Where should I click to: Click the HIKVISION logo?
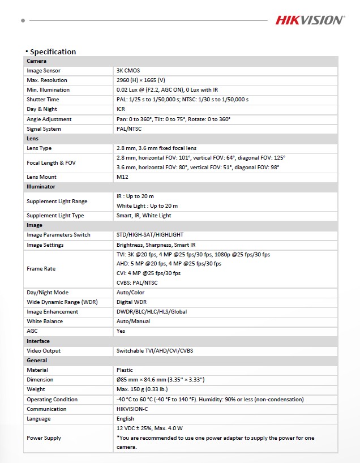click(310, 20)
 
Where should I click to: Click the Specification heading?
click(53, 52)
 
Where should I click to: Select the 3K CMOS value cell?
click(128, 71)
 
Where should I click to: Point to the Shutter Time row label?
click(43, 100)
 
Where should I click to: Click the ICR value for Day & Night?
click(121, 109)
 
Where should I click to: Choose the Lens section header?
click(32, 139)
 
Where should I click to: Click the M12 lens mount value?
click(123, 177)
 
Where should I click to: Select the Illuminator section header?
click(41, 187)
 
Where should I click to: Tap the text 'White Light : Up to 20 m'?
click(147, 206)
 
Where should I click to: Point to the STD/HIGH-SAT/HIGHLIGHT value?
click(150, 235)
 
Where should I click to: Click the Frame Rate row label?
click(41, 269)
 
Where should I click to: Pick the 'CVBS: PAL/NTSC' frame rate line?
click(137, 283)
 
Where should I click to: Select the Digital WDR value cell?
click(131, 302)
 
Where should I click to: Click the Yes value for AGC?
click(121, 331)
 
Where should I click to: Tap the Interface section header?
click(38, 341)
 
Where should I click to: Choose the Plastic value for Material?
click(125, 370)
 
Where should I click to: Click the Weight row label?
click(36, 389)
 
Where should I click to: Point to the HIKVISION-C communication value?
click(132, 409)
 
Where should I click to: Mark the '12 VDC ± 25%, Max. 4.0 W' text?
click(149, 428)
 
